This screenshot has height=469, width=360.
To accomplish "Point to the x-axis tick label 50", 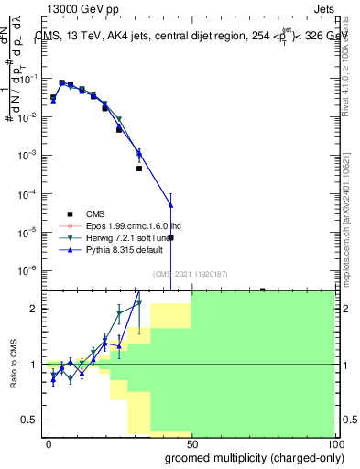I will [x=191, y=443].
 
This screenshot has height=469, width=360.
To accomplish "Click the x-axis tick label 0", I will [x=49, y=443].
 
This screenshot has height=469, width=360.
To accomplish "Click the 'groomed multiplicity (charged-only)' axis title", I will [x=249, y=457].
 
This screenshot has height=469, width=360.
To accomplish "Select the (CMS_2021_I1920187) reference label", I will [x=190, y=274].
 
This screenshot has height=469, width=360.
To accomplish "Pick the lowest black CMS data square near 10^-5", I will [x=170, y=237].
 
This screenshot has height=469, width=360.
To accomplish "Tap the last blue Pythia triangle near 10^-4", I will [x=169, y=203].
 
